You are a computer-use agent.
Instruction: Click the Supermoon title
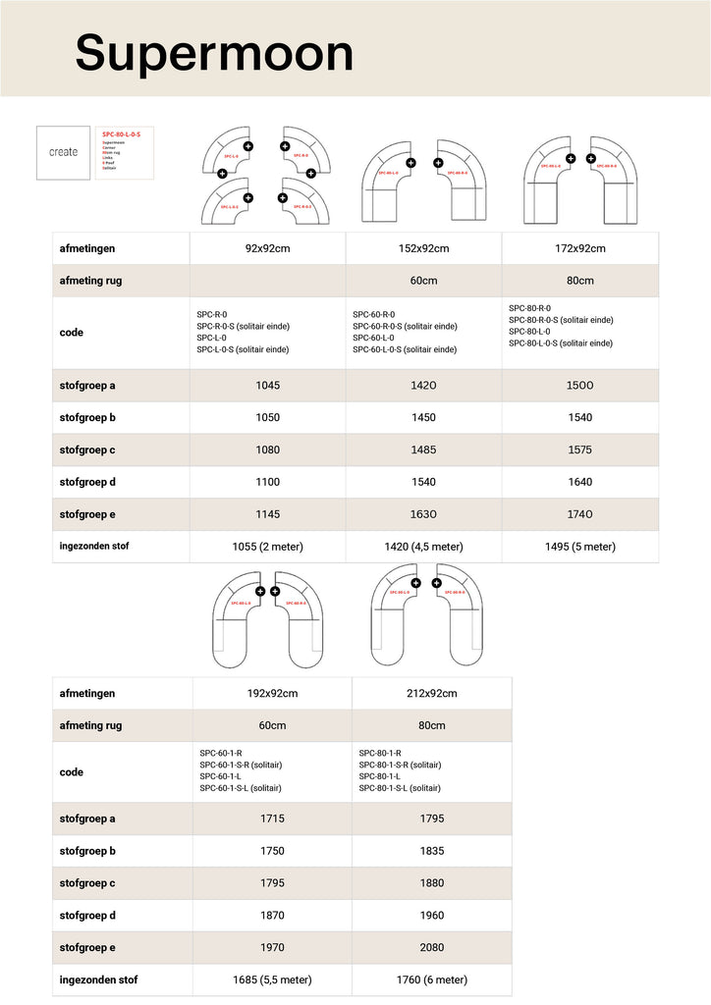click(x=214, y=53)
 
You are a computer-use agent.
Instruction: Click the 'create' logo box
click(x=64, y=152)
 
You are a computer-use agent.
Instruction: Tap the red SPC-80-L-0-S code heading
click(x=121, y=133)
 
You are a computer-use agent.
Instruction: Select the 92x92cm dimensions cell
click(x=267, y=248)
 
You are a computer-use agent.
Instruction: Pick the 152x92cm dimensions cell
click(x=423, y=248)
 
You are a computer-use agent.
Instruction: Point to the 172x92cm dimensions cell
click(x=579, y=248)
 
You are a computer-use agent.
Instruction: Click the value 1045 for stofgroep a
click(x=267, y=386)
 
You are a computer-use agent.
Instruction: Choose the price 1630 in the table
click(x=423, y=514)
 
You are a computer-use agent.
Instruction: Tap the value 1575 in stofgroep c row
click(x=579, y=450)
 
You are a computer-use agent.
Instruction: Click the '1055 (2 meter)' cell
click(x=267, y=547)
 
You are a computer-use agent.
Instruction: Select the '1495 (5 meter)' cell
click(x=579, y=547)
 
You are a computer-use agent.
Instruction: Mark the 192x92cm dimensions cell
click(x=272, y=694)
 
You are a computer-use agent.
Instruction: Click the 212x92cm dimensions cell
click(x=431, y=694)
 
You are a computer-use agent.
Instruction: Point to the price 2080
click(x=431, y=948)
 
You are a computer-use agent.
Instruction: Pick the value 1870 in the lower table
click(x=272, y=916)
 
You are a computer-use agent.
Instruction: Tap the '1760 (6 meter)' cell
click(x=431, y=979)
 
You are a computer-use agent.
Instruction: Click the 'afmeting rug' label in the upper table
click(x=91, y=281)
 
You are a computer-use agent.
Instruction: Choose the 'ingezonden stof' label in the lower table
click(x=98, y=979)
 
